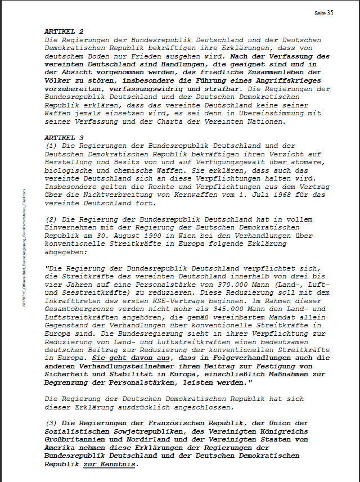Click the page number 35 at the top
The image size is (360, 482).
coord(330,13)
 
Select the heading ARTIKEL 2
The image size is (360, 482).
coord(64,32)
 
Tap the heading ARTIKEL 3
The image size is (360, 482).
coord(64,137)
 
